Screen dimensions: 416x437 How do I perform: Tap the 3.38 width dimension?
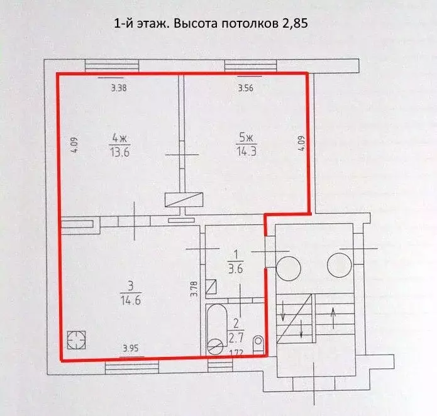click(x=119, y=88)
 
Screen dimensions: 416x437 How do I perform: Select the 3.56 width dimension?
click(x=246, y=88)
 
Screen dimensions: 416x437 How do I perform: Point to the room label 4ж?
click(x=118, y=138)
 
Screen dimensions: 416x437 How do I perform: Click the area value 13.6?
click(x=118, y=151)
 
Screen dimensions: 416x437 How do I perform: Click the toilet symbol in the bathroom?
click(x=258, y=343)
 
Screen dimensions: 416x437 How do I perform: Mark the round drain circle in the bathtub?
click(x=216, y=346)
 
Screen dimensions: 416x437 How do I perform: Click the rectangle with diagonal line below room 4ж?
click(x=184, y=199)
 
